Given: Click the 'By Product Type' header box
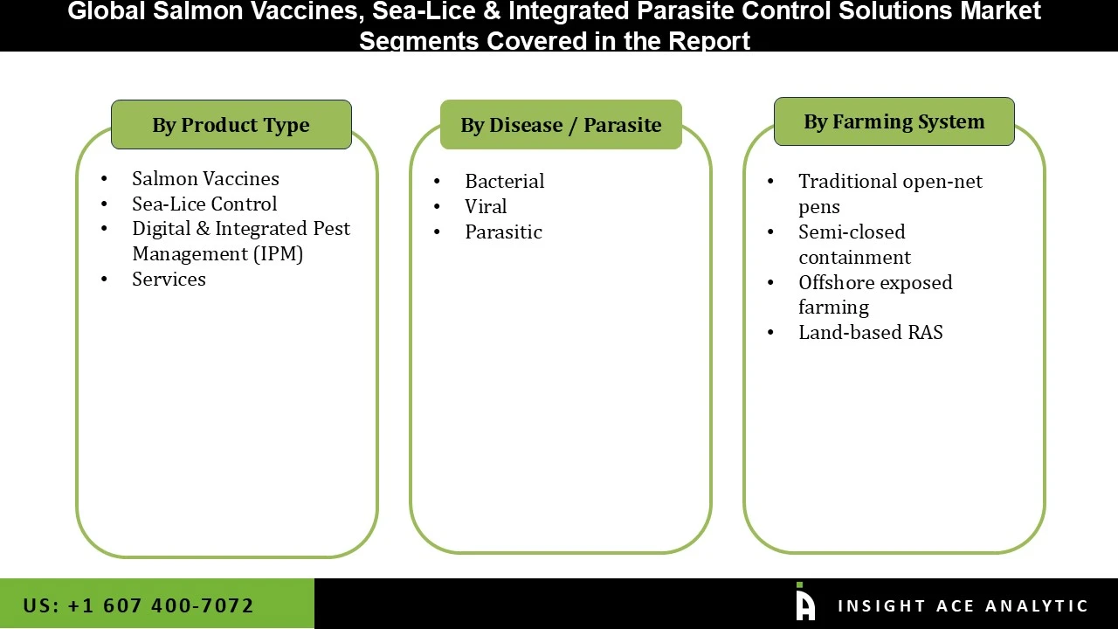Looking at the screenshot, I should tap(231, 125).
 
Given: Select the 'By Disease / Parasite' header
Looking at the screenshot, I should tap(561, 125).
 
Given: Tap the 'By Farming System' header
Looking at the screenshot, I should tap(894, 121).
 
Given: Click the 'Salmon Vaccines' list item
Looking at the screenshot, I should tap(205, 178).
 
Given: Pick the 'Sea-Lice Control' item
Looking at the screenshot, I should tap(204, 204).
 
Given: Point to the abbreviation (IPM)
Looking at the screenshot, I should tap(278, 254).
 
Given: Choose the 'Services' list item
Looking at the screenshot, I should tap(169, 280).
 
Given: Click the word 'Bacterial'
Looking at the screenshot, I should tap(504, 181).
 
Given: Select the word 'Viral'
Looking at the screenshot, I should tap(486, 206).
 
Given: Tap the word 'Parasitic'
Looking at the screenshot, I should tap(503, 232).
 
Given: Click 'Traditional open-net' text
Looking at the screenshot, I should tap(890, 181).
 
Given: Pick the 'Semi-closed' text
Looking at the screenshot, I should tap(852, 232).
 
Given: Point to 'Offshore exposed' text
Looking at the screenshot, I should tap(875, 282).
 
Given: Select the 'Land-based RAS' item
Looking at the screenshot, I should tap(870, 332).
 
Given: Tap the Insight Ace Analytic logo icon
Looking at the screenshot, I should tap(805, 603).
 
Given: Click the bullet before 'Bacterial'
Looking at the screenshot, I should tap(437, 182).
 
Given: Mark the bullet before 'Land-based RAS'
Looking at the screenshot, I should tap(770, 333).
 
